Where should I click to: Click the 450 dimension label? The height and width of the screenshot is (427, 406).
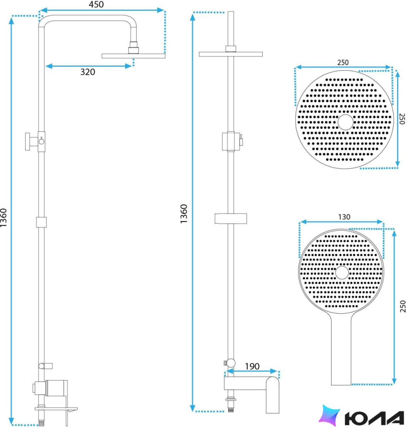pyautogui.click(x=96, y=4)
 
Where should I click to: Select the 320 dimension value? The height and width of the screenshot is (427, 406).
pyautogui.click(x=88, y=72)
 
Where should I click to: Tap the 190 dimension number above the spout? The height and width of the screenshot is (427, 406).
pyautogui.click(x=252, y=366)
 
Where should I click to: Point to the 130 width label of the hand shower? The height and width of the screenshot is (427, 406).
pyautogui.click(x=344, y=217)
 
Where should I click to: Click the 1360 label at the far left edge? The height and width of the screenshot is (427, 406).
pyautogui.click(x=3, y=218)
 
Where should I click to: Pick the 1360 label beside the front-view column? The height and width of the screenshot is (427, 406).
pyautogui.click(x=184, y=214)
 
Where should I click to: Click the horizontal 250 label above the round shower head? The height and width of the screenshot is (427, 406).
pyautogui.click(x=343, y=62)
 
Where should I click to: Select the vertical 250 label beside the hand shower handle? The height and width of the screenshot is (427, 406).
pyautogui.click(x=403, y=306)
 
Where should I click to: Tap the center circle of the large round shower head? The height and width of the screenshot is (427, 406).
pyautogui.click(x=346, y=122)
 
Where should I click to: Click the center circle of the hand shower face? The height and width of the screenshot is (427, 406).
pyautogui.click(x=342, y=273)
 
